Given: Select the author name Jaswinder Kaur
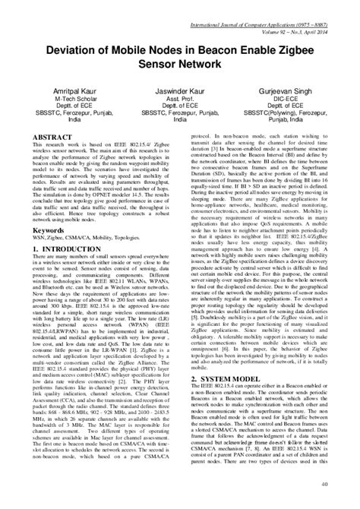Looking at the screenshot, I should point(180,90).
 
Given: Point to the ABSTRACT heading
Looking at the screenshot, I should point(38,134).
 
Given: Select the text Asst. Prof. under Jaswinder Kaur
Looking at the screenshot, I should point(180,98).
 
